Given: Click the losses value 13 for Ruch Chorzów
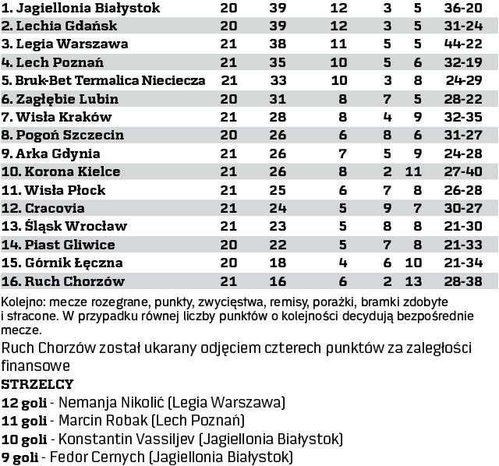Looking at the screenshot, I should click(413, 281).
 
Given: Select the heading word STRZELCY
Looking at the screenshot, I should click(38, 384).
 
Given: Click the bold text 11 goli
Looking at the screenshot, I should click(23, 421).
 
